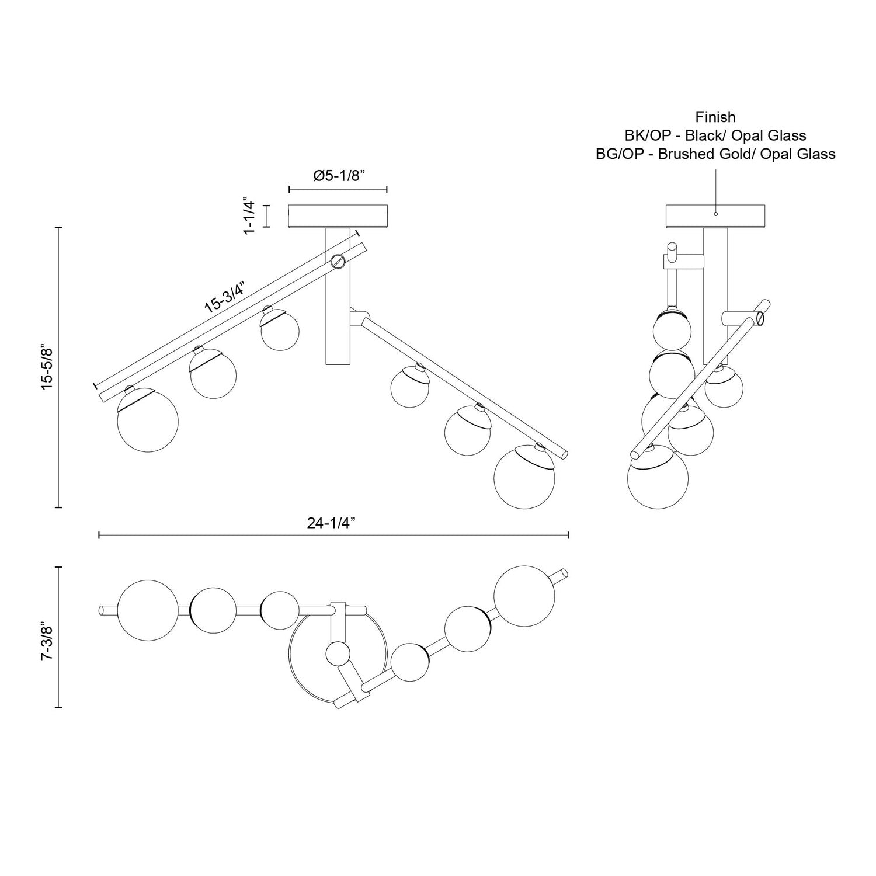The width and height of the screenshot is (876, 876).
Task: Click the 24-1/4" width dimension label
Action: [331, 523]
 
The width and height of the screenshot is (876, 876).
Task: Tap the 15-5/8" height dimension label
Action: [47, 367]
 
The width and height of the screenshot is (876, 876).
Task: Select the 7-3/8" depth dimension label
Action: [47, 637]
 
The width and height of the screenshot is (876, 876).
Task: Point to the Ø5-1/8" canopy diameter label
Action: [339, 176]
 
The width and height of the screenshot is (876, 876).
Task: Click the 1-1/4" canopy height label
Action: [249, 215]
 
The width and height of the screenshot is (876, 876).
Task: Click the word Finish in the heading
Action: [715, 117]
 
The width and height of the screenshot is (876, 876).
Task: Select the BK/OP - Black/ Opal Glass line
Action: [715, 135]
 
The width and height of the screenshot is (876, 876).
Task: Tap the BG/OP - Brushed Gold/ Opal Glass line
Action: [715, 154]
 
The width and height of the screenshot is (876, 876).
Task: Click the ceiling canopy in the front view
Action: [338, 215]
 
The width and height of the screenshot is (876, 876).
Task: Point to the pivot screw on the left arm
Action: [338, 262]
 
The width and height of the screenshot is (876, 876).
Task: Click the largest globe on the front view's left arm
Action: [148, 422]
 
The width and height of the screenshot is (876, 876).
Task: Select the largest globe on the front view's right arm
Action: [524, 478]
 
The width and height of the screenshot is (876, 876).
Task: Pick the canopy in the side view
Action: [715, 216]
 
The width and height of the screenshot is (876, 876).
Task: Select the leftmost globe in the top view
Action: [148, 611]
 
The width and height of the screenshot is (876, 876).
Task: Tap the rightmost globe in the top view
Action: [524, 596]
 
